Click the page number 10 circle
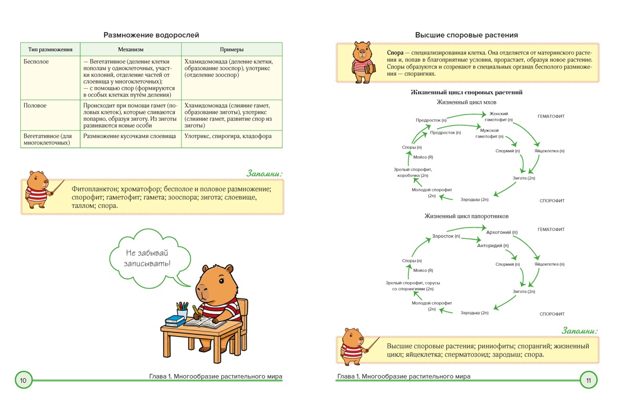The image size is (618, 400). click(23, 380)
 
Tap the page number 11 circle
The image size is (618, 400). click(588, 380)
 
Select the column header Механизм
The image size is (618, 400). click(130, 49)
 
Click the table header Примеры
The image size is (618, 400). click(231, 49)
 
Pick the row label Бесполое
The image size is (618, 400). click(37, 61)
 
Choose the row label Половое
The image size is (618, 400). click(35, 106)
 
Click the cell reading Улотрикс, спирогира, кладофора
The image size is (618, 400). click(228, 136)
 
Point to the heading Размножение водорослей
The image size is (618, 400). click(151, 35)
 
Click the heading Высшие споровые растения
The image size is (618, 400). click(466, 35)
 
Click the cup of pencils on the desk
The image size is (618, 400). click(181, 310)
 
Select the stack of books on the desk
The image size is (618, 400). click(175, 321)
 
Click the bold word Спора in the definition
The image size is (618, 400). click(395, 53)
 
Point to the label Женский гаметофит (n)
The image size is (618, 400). click(498, 117)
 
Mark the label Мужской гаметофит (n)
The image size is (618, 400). click(489, 133)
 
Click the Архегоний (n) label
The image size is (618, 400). click(502, 232)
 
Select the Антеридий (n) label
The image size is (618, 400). click(493, 246)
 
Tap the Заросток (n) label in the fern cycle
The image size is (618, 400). click(446, 236)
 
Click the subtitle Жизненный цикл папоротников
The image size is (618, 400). click(466, 216)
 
